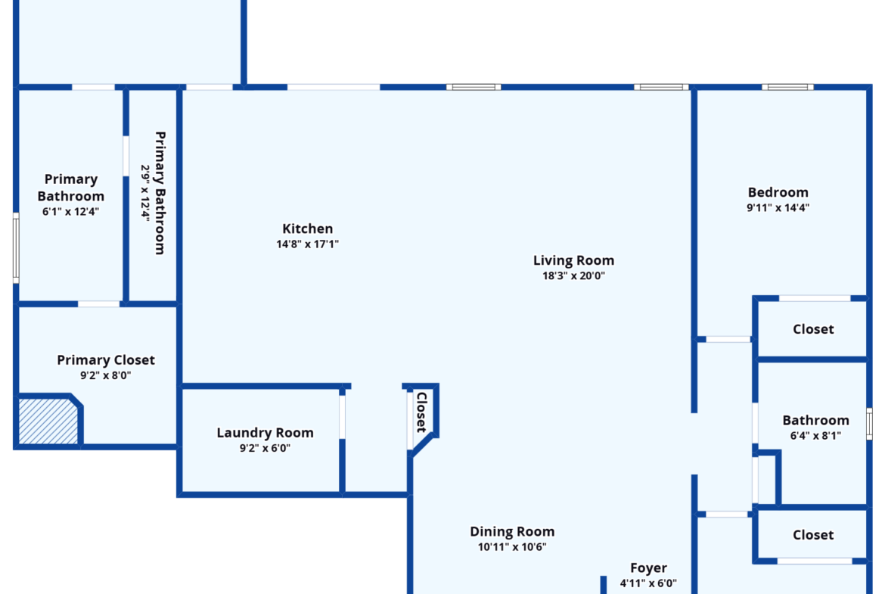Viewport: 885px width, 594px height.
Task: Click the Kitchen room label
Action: pyautogui.click(x=308, y=229)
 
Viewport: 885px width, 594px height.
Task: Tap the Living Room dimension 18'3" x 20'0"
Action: pyautogui.click(x=573, y=275)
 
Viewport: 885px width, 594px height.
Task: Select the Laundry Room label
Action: pyautogui.click(x=265, y=433)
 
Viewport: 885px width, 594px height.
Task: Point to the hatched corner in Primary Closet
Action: pyautogui.click(x=48, y=421)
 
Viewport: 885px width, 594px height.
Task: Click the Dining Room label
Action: pyautogui.click(x=512, y=531)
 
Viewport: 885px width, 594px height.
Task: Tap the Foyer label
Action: pyautogui.click(x=648, y=568)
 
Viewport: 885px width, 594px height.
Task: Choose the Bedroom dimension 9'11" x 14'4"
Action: pyautogui.click(x=778, y=207)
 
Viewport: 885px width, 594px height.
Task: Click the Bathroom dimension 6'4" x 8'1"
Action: pyautogui.click(x=815, y=435)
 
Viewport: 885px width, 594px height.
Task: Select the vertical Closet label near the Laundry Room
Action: pyautogui.click(x=421, y=412)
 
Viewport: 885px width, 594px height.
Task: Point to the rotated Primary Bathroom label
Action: pyautogui.click(x=160, y=193)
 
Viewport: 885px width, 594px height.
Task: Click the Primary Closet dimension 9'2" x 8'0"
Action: pyautogui.click(x=106, y=375)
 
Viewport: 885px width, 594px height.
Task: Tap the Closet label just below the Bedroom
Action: pyautogui.click(x=812, y=329)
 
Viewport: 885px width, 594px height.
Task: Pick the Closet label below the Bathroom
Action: pyautogui.click(x=812, y=535)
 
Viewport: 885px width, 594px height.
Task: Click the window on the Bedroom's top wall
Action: pyautogui.click(x=787, y=87)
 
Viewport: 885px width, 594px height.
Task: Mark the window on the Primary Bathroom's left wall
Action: pyautogui.click(x=16, y=248)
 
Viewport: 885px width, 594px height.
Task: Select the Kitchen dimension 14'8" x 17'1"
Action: pyautogui.click(x=308, y=244)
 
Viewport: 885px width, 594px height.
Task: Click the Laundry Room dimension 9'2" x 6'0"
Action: pyautogui.click(x=265, y=448)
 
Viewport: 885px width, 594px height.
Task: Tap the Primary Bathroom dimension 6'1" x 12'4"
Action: pyautogui.click(x=70, y=211)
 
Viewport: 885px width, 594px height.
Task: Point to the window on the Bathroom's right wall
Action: pyautogui.click(x=869, y=424)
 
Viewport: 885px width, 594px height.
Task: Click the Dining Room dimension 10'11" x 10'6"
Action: pyautogui.click(x=512, y=546)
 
